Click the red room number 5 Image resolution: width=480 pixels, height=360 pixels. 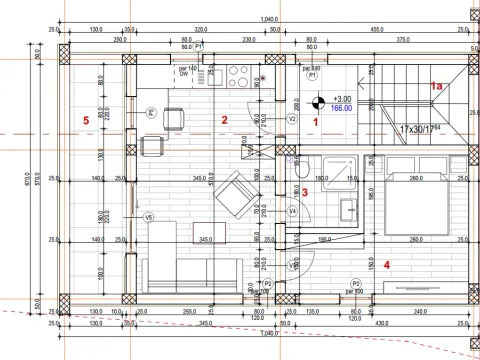(x=87, y=121)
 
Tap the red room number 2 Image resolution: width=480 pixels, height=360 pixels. (x=225, y=120)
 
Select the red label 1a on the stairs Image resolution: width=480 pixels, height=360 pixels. (x=437, y=88)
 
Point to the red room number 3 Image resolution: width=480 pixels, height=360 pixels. (x=306, y=191)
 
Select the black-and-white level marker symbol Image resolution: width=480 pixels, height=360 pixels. (x=317, y=101)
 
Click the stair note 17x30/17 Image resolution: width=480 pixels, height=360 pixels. (x=421, y=130)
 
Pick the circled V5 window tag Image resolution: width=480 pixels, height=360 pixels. (x=149, y=217)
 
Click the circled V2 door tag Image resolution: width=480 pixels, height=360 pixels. (x=292, y=118)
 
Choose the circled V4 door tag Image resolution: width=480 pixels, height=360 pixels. (x=292, y=211)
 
